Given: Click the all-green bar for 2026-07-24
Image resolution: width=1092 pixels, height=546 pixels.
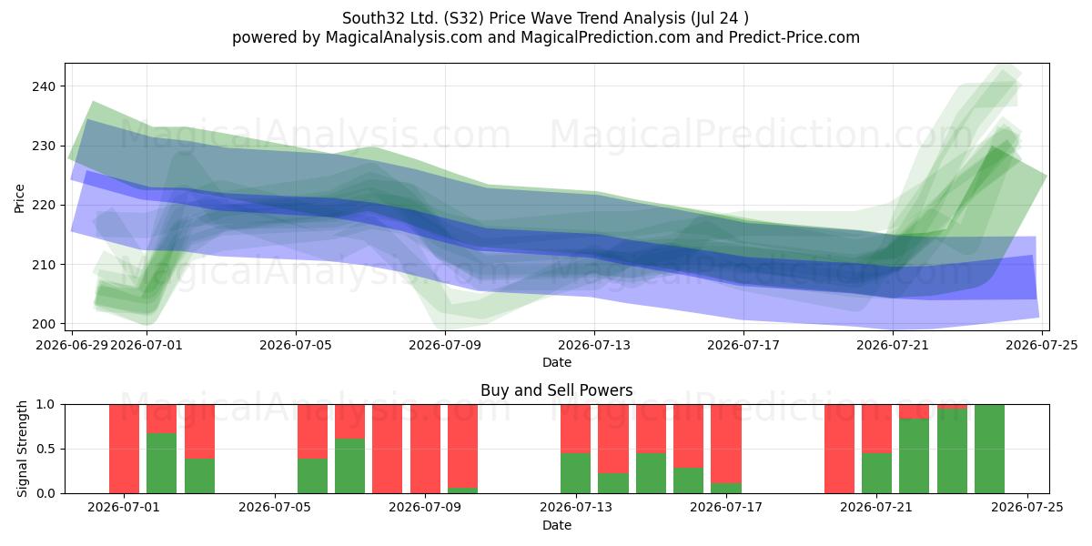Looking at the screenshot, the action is [x=989, y=449].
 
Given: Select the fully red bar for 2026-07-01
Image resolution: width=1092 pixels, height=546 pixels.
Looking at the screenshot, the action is [x=124, y=449].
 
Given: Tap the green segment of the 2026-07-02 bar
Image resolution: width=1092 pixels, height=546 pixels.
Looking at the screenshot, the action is [x=161, y=463].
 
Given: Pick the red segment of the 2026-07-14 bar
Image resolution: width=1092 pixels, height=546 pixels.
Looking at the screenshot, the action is [x=612, y=439].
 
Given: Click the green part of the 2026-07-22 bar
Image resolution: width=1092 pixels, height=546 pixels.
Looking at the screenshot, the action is [x=914, y=456].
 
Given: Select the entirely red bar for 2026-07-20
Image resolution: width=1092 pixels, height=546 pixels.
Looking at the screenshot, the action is [x=839, y=449].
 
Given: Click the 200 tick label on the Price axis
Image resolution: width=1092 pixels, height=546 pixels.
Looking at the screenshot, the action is [x=45, y=324].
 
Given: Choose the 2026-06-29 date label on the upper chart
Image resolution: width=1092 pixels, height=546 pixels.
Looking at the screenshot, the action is [x=72, y=345].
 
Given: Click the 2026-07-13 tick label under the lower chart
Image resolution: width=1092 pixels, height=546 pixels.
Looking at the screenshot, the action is [x=576, y=508].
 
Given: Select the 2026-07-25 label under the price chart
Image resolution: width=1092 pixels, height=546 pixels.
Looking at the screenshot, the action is [x=1042, y=345].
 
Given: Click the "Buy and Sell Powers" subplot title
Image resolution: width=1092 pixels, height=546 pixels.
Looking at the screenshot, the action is [x=557, y=390].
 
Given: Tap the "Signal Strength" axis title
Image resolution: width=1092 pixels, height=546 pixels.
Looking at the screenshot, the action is [x=22, y=449].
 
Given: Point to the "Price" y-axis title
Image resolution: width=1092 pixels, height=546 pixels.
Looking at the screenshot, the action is [x=19, y=198].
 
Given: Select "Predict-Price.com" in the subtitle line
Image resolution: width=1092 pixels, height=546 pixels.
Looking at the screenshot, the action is [x=794, y=37].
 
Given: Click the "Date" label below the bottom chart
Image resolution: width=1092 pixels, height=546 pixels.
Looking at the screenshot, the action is [x=557, y=525].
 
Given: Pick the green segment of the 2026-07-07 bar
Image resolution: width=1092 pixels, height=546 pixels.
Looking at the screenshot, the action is [x=349, y=466].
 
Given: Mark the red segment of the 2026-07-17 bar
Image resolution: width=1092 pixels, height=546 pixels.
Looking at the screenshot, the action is [x=726, y=444].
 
